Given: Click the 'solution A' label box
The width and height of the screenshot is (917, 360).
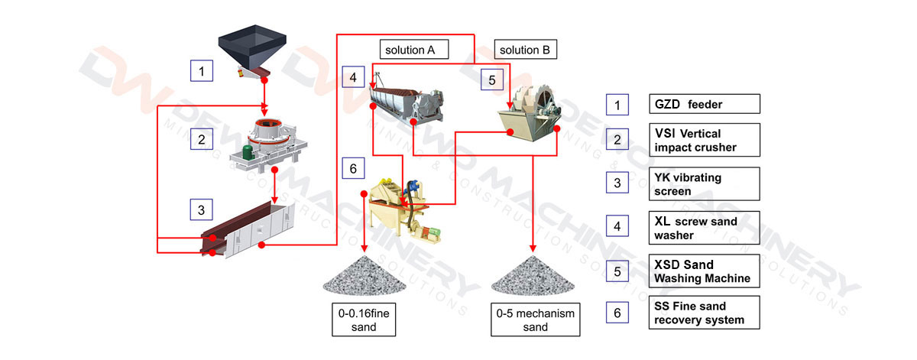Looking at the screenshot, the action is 414,50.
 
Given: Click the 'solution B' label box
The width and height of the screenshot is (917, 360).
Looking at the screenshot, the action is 525,50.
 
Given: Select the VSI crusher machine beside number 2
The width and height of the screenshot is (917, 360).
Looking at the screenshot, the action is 268,144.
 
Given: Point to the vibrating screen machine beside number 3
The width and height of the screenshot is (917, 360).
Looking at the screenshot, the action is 248,229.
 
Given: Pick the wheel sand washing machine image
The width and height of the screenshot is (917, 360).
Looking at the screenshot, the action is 530,112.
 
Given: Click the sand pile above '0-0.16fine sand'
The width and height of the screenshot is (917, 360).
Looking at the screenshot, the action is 365,276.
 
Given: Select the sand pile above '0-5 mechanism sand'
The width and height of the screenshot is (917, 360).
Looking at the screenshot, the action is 533,276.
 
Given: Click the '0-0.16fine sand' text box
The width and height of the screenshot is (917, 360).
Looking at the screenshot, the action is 364,319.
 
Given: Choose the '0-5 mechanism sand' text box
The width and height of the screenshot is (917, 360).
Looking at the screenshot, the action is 536,319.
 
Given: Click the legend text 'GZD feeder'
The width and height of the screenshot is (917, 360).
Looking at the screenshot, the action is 689,105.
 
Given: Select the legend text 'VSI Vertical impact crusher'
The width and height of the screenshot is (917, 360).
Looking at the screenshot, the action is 695,141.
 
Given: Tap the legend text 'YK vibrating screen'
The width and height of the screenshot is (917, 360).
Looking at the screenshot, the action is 688,184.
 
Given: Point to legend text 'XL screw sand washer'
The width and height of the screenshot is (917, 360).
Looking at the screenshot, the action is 695,228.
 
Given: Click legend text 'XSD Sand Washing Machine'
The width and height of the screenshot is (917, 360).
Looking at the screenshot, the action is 702,271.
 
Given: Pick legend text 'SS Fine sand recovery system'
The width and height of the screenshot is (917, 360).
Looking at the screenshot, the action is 698,313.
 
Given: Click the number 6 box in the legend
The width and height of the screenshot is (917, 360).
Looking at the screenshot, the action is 617,313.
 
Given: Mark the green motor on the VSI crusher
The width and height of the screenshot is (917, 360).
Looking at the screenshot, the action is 248,152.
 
